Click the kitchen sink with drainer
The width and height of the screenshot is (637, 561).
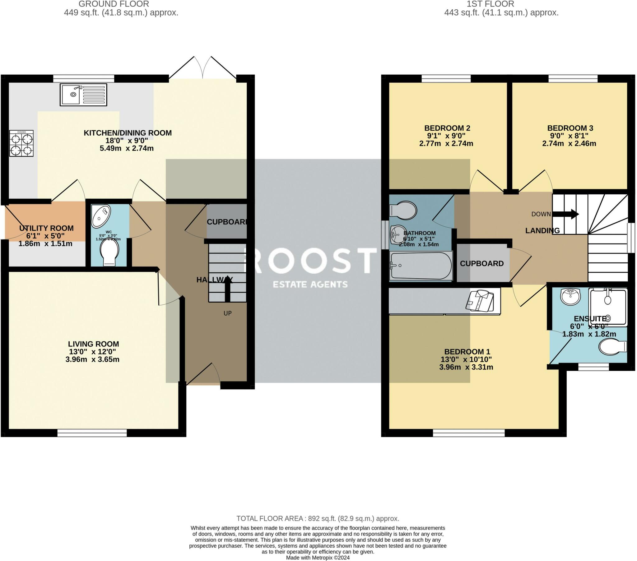[83, 95]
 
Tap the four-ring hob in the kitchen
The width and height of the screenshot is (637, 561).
[21, 143]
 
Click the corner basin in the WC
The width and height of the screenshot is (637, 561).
[101, 216]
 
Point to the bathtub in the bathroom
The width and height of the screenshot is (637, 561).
[421, 266]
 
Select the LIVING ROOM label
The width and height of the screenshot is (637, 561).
[93, 344]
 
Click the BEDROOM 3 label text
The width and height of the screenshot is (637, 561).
[570, 128]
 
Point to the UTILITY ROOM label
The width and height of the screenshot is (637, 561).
[46, 228]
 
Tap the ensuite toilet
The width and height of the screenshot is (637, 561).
[612, 347]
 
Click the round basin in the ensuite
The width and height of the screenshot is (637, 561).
[570, 296]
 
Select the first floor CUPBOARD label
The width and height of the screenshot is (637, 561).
[481, 263]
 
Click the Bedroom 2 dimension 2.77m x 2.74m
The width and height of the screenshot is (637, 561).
[446, 143]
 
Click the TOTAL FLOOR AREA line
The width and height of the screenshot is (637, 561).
[318, 518]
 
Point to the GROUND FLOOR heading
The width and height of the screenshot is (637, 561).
[114, 4]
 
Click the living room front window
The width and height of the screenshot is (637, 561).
[92, 433]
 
